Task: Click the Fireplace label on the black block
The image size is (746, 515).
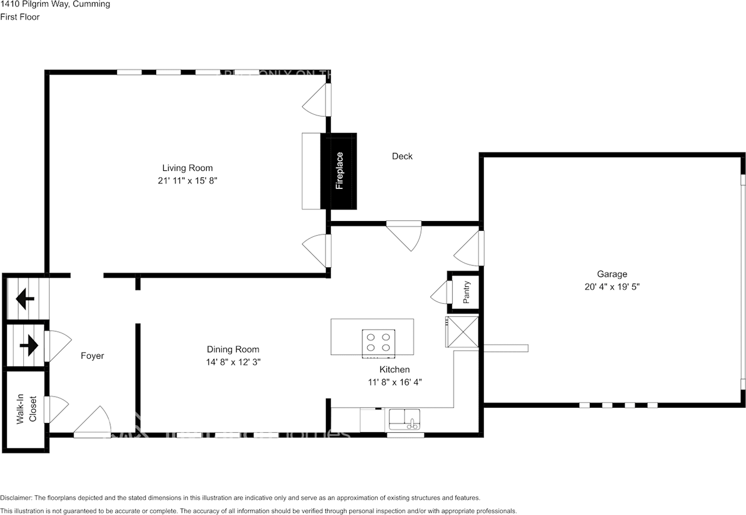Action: pos(339,171)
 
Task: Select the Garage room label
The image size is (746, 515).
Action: pos(611,274)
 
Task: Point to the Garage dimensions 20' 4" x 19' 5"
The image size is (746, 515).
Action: pos(611,286)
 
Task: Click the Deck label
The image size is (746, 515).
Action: pos(402,156)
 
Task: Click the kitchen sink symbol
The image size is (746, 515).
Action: pos(405,420)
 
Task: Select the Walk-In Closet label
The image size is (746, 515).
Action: pos(26,411)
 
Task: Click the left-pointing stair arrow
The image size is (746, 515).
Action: pos(25,300)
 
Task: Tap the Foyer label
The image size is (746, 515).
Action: pos(92,356)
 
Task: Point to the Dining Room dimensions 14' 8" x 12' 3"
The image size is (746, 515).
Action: pos(233,362)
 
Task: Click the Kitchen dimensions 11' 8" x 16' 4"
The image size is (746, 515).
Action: pos(395,382)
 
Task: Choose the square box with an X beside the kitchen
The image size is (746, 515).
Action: pos(462,332)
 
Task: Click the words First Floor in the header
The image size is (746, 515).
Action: pos(20,17)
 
